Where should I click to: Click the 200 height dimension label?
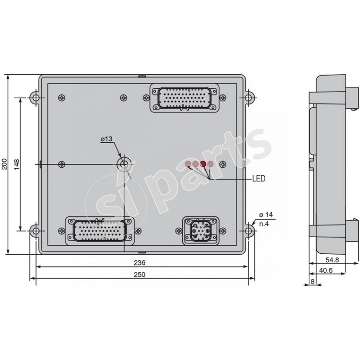tap(4, 164)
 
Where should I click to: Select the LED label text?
tap(258, 179)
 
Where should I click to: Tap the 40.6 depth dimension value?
tap(327, 271)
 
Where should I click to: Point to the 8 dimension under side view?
tap(313, 282)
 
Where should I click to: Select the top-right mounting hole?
tap(248, 97)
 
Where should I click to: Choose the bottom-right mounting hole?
tap(248, 230)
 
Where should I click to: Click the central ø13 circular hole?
tap(123, 164)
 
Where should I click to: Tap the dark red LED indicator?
tap(203, 164)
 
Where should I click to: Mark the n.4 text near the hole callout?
tap(264, 223)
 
